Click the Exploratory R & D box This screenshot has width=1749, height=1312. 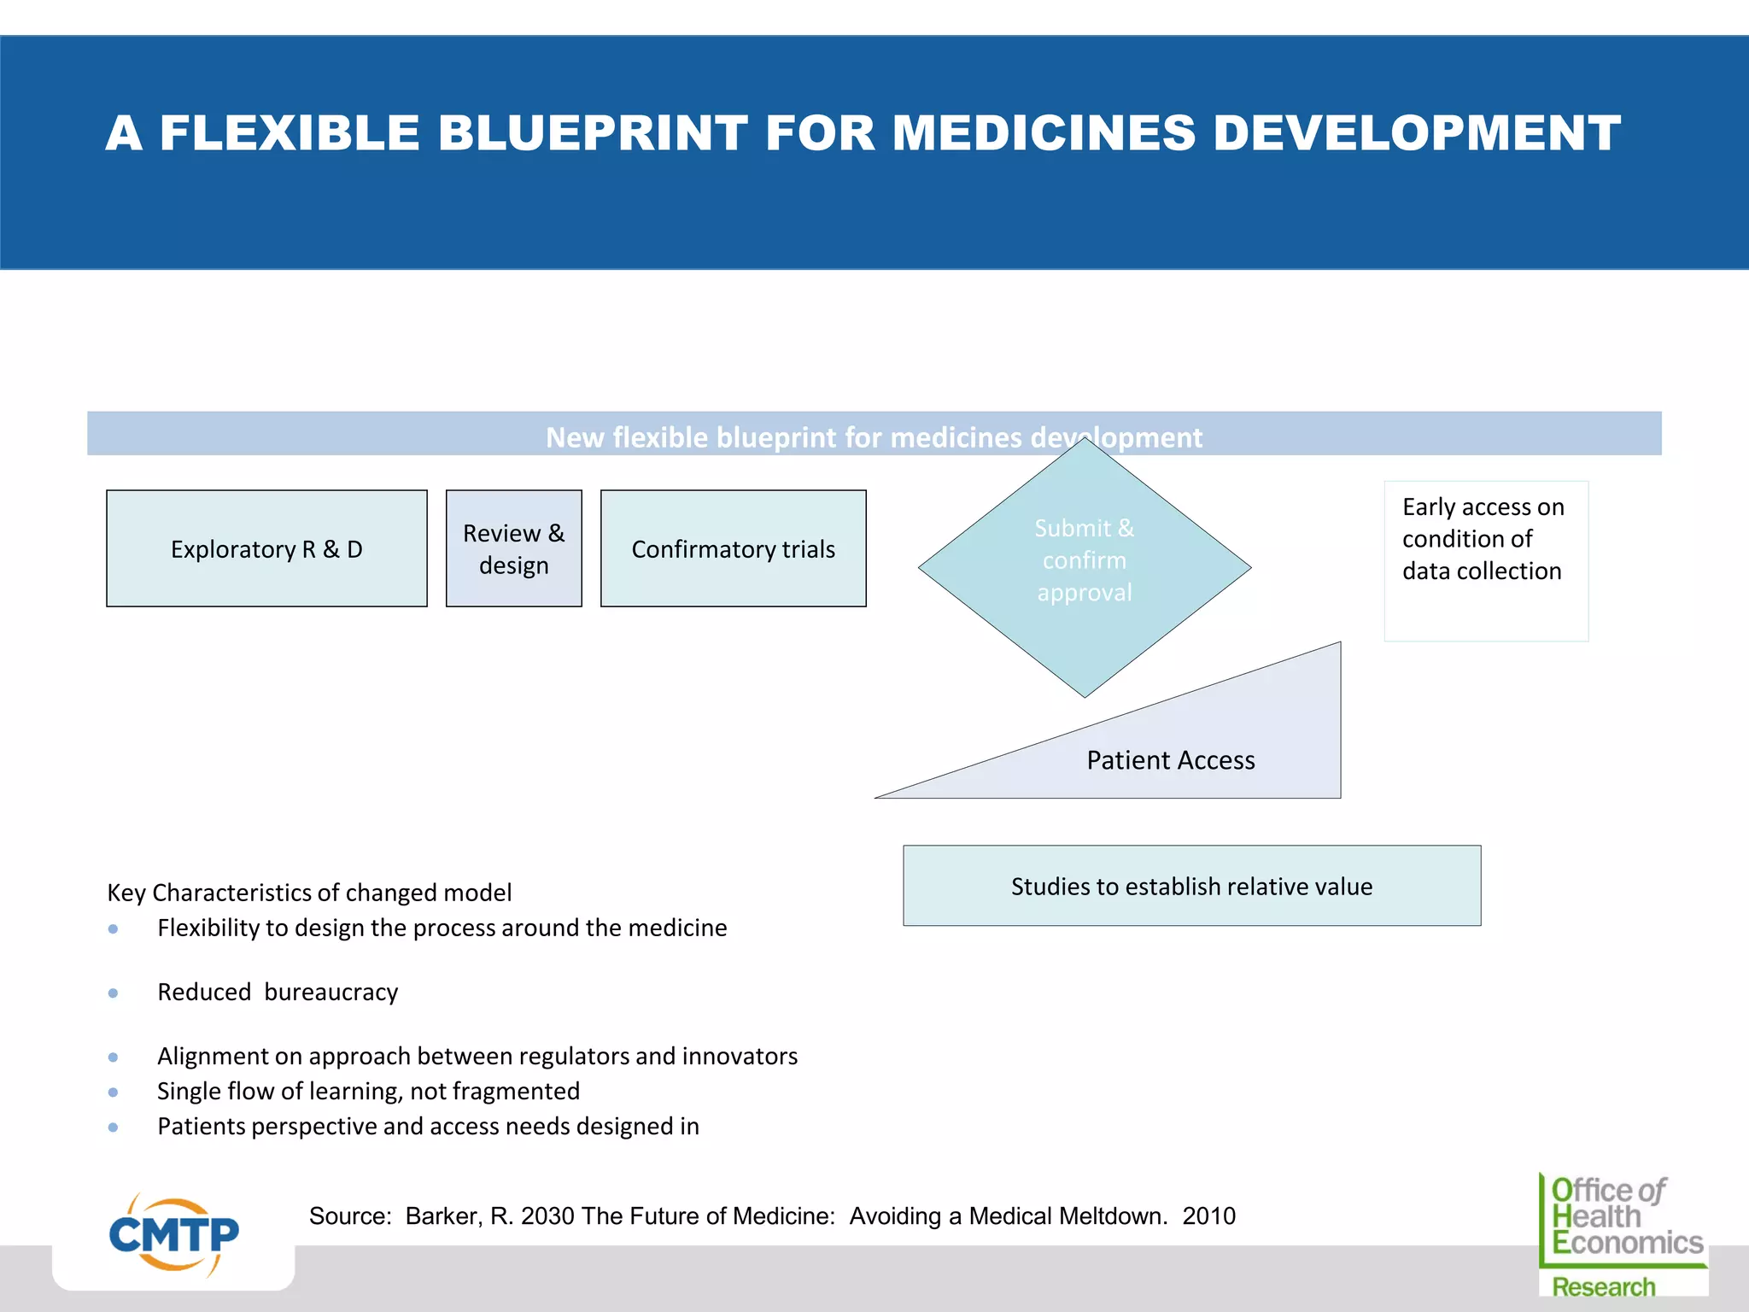(266, 548)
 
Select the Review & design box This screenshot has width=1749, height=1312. (513, 548)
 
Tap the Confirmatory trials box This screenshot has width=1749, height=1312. (733, 548)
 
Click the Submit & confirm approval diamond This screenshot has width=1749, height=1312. (1085, 564)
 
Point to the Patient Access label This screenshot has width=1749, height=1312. (1170, 759)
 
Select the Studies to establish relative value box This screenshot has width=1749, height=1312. (1191, 886)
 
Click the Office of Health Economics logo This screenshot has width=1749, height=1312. (1623, 1234)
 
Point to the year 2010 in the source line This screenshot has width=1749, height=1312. (1208, 1215)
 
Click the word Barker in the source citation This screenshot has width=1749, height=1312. (442, 1215)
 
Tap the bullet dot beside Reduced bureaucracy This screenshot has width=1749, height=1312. (114, 993)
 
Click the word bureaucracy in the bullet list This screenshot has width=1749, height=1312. (331, 993)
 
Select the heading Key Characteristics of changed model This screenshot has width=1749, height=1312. (309, 892)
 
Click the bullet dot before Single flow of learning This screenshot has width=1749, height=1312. (114, 1092)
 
